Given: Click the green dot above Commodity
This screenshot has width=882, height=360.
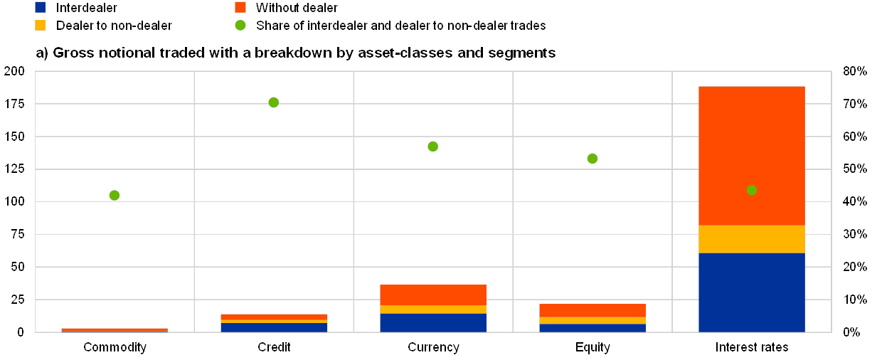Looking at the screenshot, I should coord(115,195).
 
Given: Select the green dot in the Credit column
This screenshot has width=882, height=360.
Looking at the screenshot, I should coord(273,102).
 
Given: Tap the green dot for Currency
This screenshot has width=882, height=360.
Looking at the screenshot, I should coord(432,147).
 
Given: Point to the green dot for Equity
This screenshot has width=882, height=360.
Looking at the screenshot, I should coord(592,158).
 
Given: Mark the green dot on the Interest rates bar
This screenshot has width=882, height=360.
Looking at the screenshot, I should coord(751,190).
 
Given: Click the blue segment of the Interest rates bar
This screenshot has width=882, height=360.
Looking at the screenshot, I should coord(751,292).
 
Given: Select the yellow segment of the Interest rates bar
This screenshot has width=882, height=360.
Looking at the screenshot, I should coord(751,239).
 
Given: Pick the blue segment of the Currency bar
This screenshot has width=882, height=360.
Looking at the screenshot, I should coord(432,322).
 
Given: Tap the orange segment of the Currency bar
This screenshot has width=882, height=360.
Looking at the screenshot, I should coord(432,295).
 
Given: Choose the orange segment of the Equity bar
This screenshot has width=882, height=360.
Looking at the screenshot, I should coord(592,311).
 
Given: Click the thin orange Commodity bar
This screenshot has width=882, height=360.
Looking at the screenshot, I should coord(115,329).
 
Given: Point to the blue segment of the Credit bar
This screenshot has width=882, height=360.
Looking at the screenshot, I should coord(273,327).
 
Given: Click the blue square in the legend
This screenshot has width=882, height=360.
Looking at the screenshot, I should coord(41,7).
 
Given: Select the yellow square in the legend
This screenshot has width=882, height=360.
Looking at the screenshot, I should coord(41,25).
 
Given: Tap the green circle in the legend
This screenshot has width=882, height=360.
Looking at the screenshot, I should coord(240,25).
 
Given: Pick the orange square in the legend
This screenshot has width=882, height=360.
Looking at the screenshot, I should coord(240,7).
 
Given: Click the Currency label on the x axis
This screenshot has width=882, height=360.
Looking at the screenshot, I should coord(433,347).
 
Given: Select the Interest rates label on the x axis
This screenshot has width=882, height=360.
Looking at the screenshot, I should coord(752,347).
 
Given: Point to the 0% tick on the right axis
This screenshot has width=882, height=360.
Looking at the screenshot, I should coord(854,332).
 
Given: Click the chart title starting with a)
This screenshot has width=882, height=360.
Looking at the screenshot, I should coord(295,53).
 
